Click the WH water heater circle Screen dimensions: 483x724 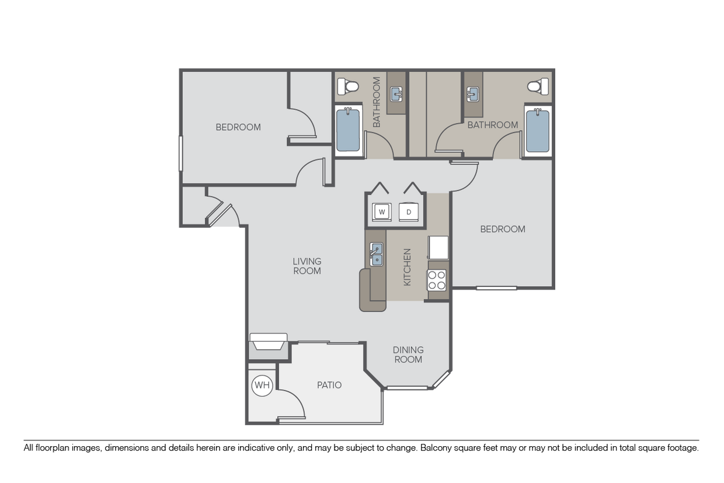[262, 385]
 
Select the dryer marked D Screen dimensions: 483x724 [408, 211]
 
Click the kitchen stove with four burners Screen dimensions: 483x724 [437, 280]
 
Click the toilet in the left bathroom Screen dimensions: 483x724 [350, 87]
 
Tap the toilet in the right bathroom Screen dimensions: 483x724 [536, 87]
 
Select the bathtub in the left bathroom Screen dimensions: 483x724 [348, 130]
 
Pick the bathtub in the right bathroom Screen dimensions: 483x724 [537, 131]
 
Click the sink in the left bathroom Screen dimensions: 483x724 [396, 93]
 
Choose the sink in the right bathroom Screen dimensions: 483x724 [474, 93]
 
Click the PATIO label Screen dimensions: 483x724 [329, 385]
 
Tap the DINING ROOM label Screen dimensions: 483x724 [408, 355]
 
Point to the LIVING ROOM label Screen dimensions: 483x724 [307, 266]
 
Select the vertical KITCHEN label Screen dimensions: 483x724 [408, 267]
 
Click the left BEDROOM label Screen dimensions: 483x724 [238, 127]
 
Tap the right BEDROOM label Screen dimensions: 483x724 [503, 229]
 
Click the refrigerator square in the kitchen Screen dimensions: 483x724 [438, 247]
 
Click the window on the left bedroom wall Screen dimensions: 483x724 [180, 154]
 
